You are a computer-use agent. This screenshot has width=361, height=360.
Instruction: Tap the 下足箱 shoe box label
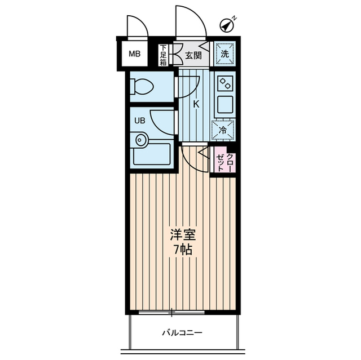point(163,55)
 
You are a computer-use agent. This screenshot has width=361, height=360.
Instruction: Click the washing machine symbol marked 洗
point(224,54)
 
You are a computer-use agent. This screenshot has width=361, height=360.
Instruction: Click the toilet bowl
point(142,87)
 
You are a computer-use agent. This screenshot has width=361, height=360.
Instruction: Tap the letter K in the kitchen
point(196,104)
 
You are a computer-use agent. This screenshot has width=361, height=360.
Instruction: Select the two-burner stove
point(225,83)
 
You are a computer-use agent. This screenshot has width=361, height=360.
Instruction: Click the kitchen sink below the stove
point(225,104)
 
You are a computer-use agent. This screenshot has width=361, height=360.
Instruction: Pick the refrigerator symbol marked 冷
point(223,129)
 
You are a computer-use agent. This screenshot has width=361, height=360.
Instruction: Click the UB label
point(139,120)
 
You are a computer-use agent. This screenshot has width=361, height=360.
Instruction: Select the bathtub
point(151,155)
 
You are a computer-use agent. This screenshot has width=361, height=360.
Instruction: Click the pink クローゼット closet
point(224,161)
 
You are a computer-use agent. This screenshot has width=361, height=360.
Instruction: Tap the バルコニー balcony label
point(183,332)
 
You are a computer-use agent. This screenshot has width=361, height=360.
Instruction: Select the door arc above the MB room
point(138,27)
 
